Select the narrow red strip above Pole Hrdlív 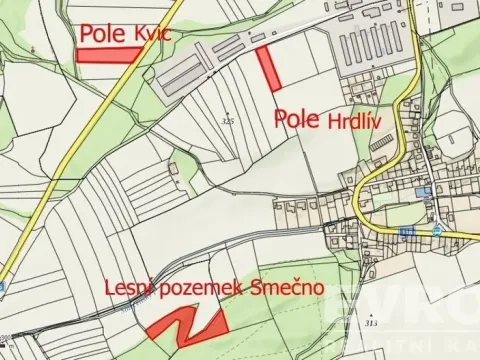tap(268, 69)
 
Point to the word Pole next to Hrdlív tap(296, 118)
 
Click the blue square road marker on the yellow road tap(405, 232)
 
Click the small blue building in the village tap(419, 191)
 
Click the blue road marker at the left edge tap(3, 287)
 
